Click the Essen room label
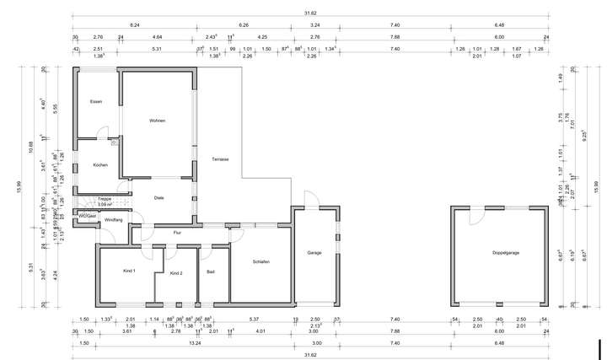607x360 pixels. [x=96, y=102]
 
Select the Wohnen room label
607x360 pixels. [x=157, y=121]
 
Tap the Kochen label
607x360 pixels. [x=100, y=164]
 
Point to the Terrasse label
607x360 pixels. [x=222, y=159]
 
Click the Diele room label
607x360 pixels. [x=158, y=197]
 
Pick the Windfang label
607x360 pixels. [x=113, y=220]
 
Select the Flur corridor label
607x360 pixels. [x=177, y=232]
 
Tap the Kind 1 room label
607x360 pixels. [x=129, y=270]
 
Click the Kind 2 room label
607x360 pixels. [x=176, y=274]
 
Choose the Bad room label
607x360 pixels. [x=211, y=271]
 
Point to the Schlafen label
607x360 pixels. [x=261, y=262]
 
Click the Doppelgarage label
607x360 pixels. [x=506, y=253]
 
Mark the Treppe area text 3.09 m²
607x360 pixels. [x=105, y=204]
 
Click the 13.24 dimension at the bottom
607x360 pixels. [x=195, y=344]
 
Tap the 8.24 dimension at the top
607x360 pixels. [x=134, y=25]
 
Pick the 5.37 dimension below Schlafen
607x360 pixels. [x=253, y=320]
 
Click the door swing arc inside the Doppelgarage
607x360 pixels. [x=475, y=215]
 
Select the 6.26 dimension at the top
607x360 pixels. [x=244, y=25]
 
